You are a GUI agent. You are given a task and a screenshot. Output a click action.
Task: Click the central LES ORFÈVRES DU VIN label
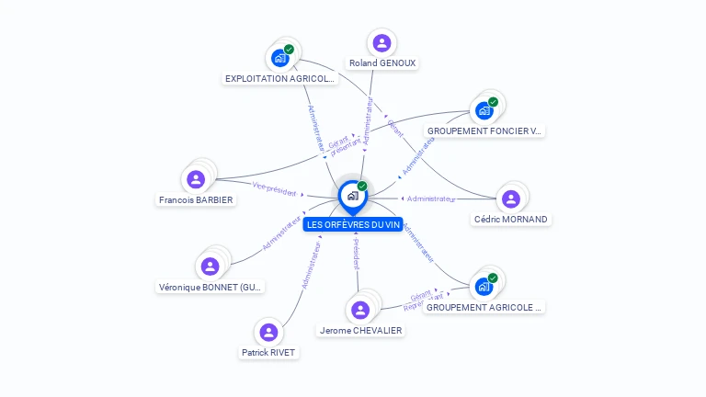click(x=353, y=225)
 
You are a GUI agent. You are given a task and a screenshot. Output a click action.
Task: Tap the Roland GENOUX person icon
click(x=381, y=43)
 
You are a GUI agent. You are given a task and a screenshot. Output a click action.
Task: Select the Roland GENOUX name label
click(x=382, y=63)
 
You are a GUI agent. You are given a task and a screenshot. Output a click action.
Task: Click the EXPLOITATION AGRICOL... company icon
click(x=280, y=58)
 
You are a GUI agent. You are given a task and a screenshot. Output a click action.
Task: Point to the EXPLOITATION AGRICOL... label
click(x=280, y=79)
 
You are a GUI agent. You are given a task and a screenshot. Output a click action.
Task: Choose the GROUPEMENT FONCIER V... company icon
click(x=484, y=110)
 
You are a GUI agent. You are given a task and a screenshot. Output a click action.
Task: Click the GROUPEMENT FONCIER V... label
click(x=485, y=131)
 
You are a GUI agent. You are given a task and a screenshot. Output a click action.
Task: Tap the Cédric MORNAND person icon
click(x=511, y=198)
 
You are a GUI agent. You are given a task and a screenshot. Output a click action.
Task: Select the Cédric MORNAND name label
click(x=511, y=220)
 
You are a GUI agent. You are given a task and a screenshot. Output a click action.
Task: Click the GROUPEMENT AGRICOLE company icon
click(x=484, y=286)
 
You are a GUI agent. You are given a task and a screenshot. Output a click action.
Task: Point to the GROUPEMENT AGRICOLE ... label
click(x=485, y=307)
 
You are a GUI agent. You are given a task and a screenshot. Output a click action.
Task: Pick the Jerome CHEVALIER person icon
click(x=360, y=310)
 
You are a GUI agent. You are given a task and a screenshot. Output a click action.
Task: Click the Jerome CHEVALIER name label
click(x=360, y=331)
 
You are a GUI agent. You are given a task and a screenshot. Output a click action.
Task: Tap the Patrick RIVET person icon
click(x=268, y=332)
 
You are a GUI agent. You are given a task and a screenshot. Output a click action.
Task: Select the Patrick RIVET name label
click(x=269, y=352)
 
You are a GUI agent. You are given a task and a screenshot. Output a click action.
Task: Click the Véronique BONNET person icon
click(x=211, y=267)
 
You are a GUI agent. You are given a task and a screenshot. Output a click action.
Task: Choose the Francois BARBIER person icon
click(x=195, y=179)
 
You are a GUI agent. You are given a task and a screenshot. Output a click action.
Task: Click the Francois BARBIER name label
click(x=196, y=200)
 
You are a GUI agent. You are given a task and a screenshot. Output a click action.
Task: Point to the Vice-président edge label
click(x=274, y=189)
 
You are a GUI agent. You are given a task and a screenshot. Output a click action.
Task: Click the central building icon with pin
click(x=352, y=196)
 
